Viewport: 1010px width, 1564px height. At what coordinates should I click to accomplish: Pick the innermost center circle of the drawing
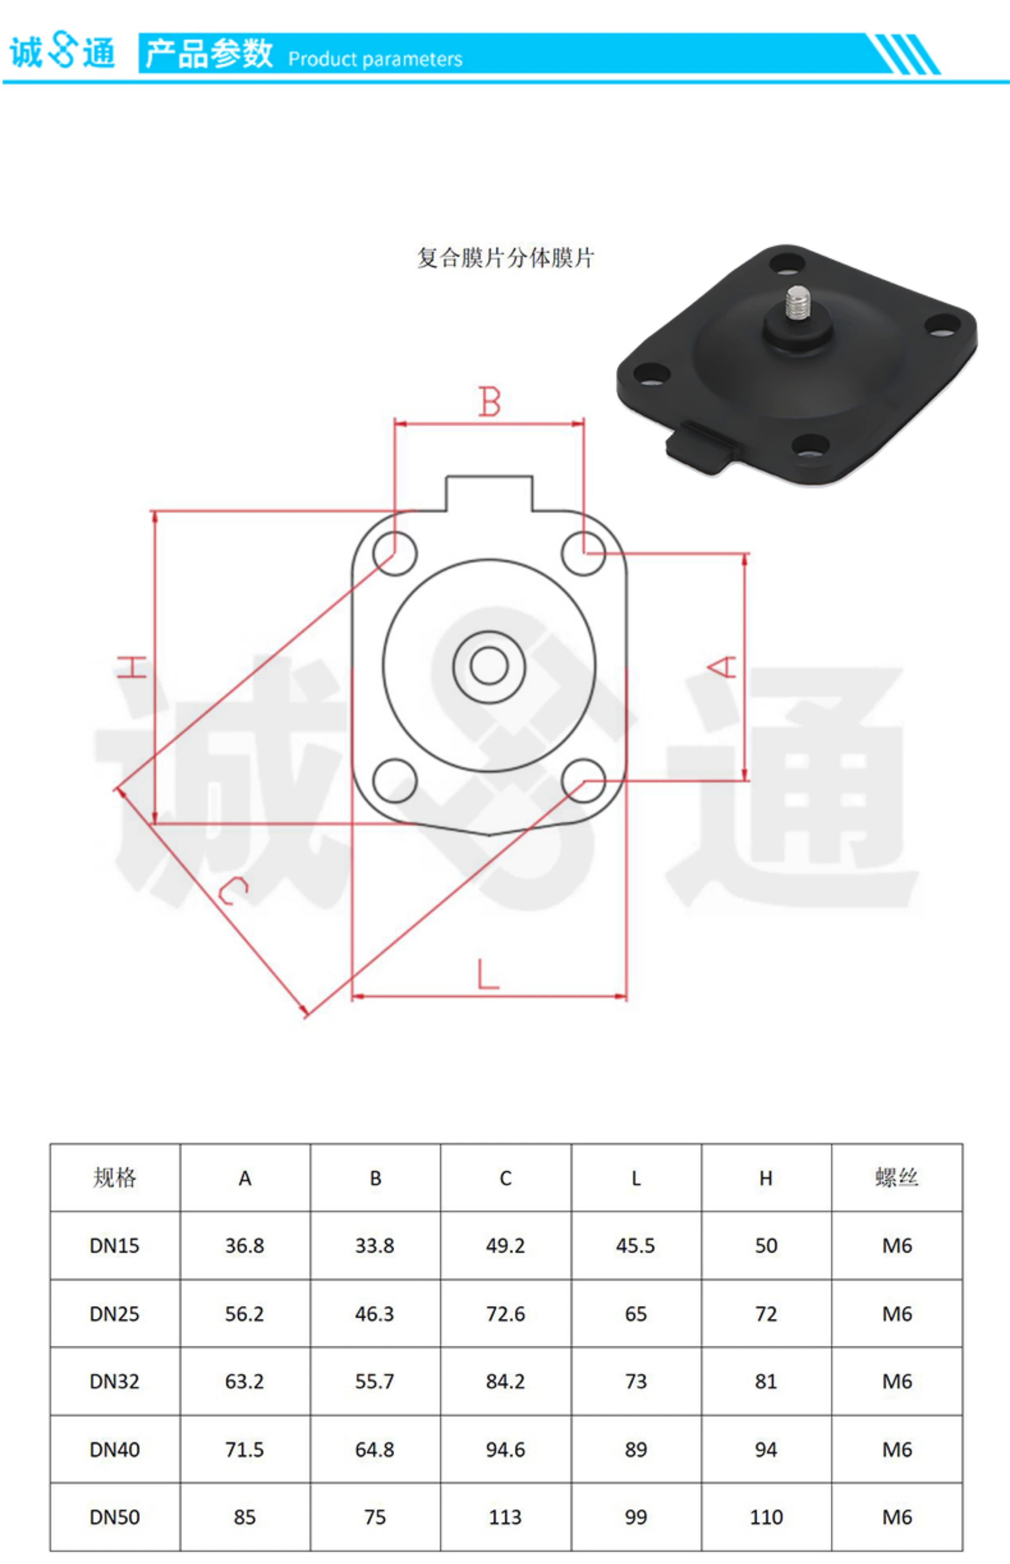tap(489, 666)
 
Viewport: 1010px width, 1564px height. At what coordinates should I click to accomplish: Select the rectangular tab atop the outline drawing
tap(489, 493)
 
